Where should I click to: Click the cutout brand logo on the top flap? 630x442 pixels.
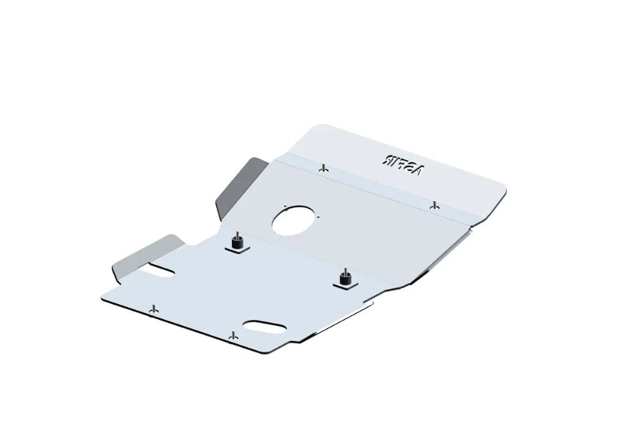click(x=402, y=165)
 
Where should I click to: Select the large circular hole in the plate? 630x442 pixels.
click(x=294, y=221)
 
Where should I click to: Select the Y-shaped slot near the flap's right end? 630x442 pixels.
click(x=434, y=204)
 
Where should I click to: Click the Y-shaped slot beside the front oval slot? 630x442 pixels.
click(x=234, y=335)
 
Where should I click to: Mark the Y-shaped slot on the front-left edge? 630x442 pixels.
click(x=154, y=310)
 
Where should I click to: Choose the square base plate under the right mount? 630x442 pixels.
click(x=345, y=284)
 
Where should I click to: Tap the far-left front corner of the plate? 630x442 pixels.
click(x=103, y=297)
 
